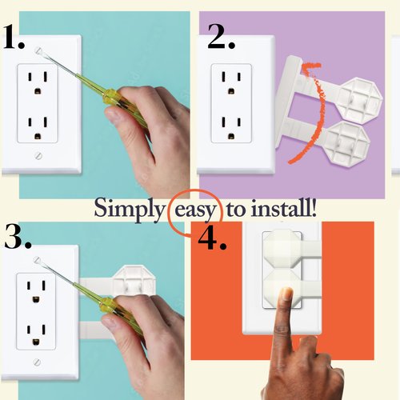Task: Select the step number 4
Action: [x=213, y=239]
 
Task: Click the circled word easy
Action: [x=194, y=210]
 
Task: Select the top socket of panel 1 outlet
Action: [x=37, y=80]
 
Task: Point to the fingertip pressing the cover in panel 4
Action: [x=286, y=295]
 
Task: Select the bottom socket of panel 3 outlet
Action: [x=37, y=330]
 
